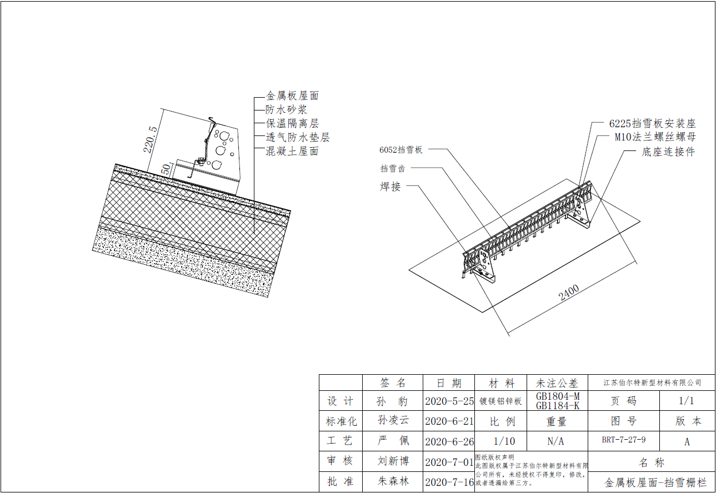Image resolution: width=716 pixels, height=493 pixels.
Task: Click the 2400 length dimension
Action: click(x=569, y=292)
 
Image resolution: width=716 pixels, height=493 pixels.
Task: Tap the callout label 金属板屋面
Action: click(x=292, y=96)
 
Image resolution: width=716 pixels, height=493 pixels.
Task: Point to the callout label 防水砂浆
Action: click(x=286, y=110)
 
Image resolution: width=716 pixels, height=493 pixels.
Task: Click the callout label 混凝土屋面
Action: click(x=292, y=151)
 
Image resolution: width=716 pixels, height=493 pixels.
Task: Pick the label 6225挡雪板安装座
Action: click(x=652, y=123)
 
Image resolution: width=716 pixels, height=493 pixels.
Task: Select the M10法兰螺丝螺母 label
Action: click(x=655, y=137)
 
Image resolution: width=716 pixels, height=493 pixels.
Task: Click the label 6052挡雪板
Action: click(x=401, y=149)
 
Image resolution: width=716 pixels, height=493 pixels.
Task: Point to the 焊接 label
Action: click(x=390, y=187)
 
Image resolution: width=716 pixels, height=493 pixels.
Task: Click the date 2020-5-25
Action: click(x=449, y=401)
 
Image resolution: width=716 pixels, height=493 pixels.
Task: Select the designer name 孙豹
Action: click(x=393, y=401)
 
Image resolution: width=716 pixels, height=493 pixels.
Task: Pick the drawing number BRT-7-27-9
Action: click(x=623, y=440)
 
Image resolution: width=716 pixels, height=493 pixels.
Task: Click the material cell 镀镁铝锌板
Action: click(x=500, y=401)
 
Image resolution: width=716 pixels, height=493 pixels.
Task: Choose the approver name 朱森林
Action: click(x=393, y=481)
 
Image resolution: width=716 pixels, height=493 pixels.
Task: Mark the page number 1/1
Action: click(x=686, y=401)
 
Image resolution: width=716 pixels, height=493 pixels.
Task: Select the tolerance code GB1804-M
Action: click(x=557, y=396)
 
